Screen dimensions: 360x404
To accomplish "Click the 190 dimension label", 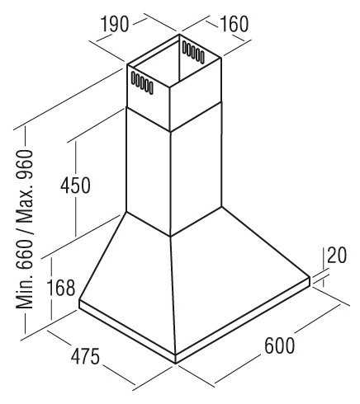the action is coord(115,24).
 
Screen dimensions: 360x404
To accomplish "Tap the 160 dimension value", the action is coord(234,24).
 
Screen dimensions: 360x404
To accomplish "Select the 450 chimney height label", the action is coord(75,185).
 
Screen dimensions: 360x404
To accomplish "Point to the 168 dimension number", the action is coord(61,288).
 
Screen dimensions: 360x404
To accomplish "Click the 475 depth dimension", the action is coord(85,356).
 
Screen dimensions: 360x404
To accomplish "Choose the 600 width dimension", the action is coord(279,345).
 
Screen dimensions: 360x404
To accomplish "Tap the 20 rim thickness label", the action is coord(337,256).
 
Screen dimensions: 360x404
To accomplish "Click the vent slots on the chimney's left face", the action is coord(142,82).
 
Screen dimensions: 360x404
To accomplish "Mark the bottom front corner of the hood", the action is coord(176,364).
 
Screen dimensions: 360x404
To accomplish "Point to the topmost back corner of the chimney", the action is coord(179,35).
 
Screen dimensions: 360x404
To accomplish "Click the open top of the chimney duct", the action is coord(175,61).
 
